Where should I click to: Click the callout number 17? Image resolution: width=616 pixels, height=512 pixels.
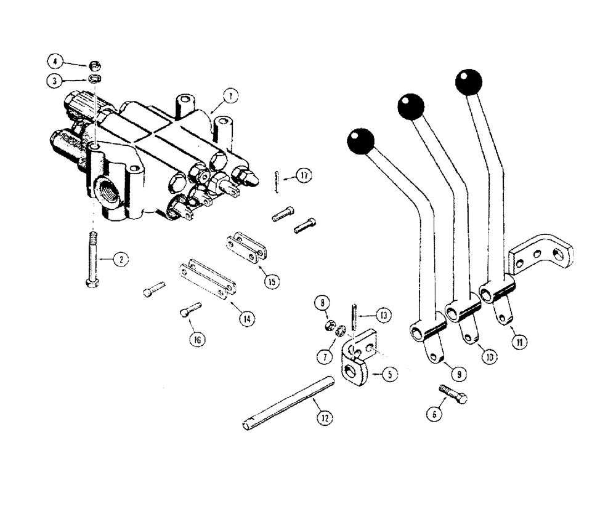(x=302, y=175)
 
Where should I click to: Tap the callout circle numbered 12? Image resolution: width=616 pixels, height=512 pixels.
(x=324, y=418)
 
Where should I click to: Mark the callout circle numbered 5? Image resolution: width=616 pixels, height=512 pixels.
(x=390, y=373)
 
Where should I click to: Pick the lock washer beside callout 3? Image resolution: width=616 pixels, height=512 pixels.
(x=95, y=79)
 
